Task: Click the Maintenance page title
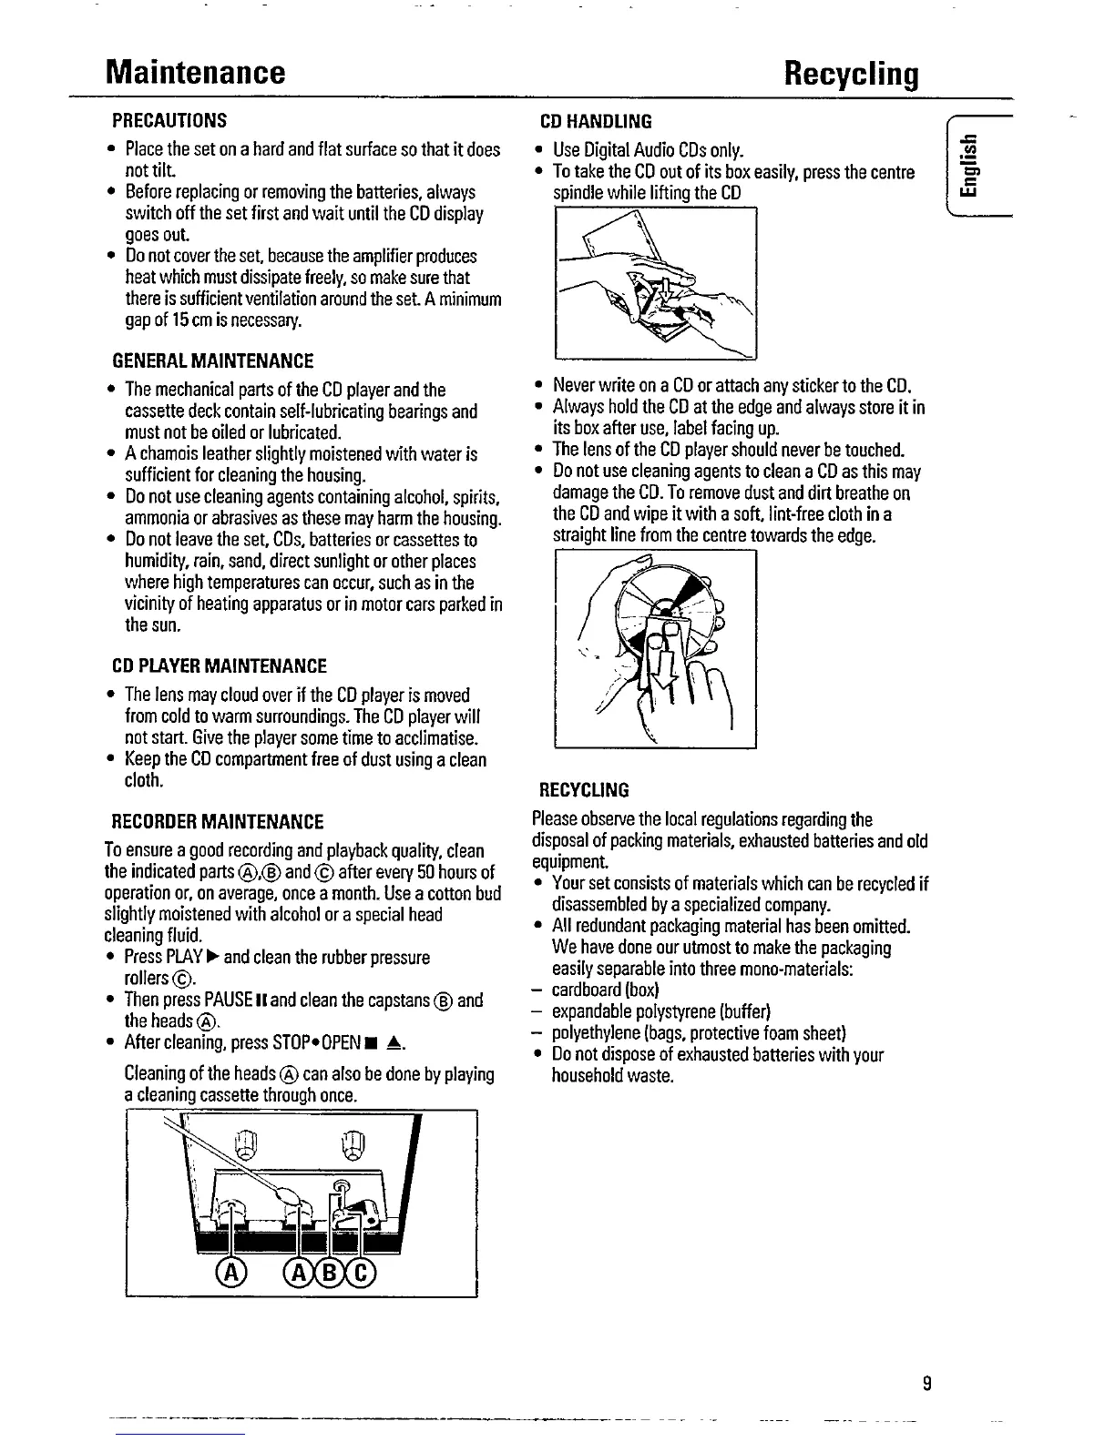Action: point(195,72)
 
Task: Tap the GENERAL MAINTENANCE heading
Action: point(212,360)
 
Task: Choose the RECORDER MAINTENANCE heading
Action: point(217,822)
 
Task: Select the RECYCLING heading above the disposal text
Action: point(584,788)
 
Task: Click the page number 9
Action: point(926,1384)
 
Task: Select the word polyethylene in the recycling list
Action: point(593,1032)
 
